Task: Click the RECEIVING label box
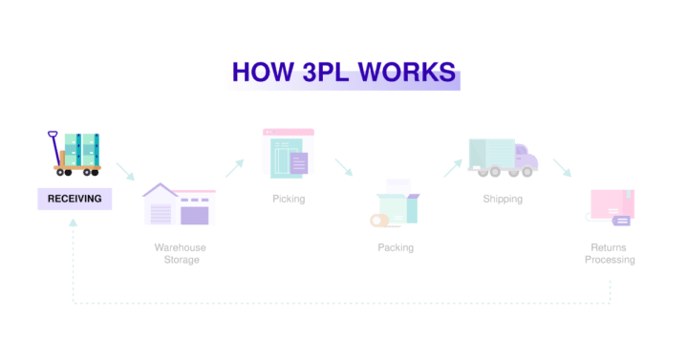coord(75,199)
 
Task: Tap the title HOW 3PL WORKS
coord(343,72)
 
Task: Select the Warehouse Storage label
coord(181,253)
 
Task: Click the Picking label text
coord(288,199)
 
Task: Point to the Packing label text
coord(396,247)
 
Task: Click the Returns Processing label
coord(610,253)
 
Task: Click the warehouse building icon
coord(179,203)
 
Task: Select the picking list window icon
coord(288,153)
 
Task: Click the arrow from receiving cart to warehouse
coord(125,172)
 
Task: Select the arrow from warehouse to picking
coord(234,167)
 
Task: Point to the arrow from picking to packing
coord(343,167)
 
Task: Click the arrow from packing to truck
coord(452,168)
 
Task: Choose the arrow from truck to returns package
coord(562,168)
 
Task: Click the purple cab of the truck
coord(526,157)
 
